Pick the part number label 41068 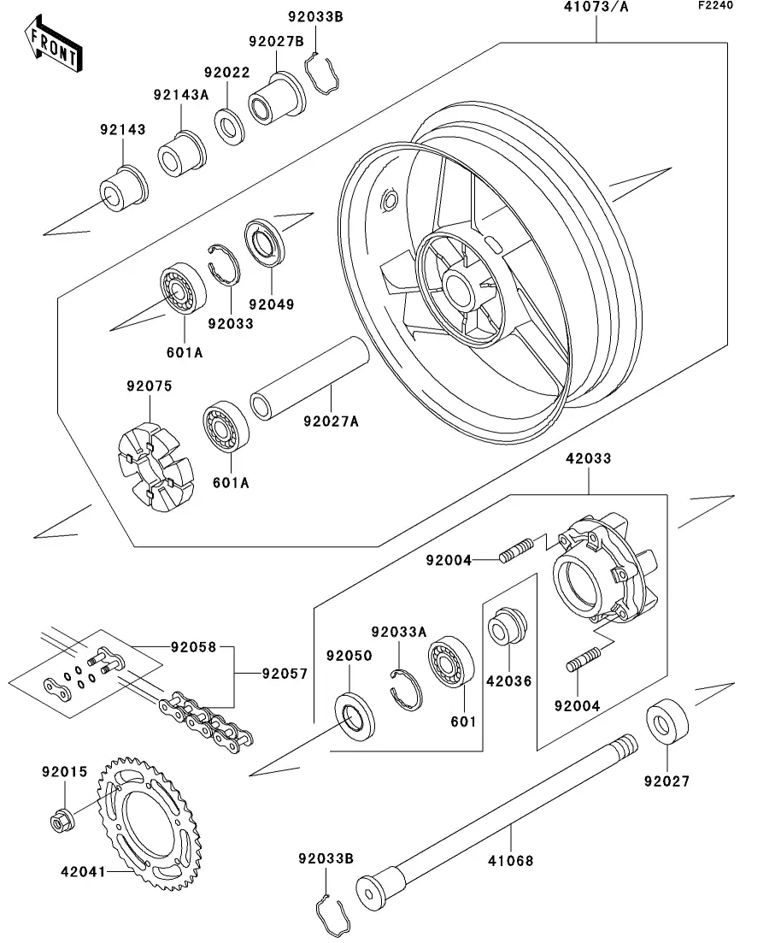point(511,860)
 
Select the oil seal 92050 point(352,716)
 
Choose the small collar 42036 point(508,628)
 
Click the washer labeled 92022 point(229,124)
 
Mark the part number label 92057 point(284,675)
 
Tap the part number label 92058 point(192,647)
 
